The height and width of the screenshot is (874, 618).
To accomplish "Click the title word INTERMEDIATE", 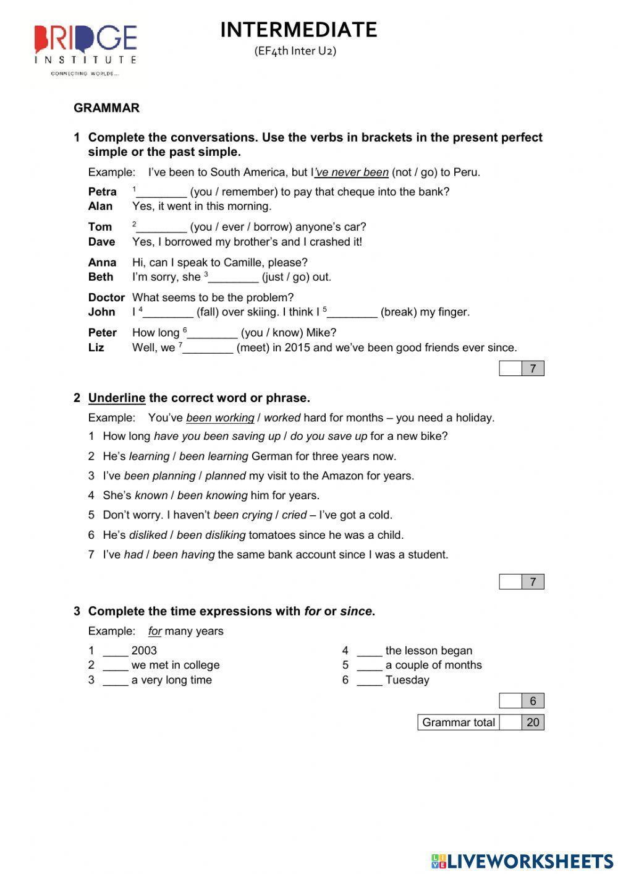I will tap(298, 30).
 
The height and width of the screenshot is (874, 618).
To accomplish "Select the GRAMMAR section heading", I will tap(106, 108).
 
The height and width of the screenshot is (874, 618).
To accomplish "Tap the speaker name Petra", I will tap(102, 192).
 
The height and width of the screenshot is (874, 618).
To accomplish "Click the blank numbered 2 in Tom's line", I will tap(161, 228).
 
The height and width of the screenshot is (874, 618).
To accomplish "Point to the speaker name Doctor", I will tap(106, 298).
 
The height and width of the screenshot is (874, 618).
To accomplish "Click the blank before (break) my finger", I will tap(352, 313).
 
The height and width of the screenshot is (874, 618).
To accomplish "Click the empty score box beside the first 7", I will tap(510, 369).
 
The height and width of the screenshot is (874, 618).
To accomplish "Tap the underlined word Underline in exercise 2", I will tap(117, 398).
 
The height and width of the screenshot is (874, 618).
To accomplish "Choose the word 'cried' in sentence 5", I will tap(294, 515).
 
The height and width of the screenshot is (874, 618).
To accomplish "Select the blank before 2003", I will tap(116, 651).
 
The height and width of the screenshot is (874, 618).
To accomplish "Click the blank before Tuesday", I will tap(370, 681).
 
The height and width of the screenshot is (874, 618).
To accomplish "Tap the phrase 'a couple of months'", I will tap(433, 666).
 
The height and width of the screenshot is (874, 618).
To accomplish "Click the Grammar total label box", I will tap(458, 722).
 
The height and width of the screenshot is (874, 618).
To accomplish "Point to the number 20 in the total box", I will tap(533, 722).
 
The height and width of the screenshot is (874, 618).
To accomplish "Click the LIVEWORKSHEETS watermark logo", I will tap(522, 860).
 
